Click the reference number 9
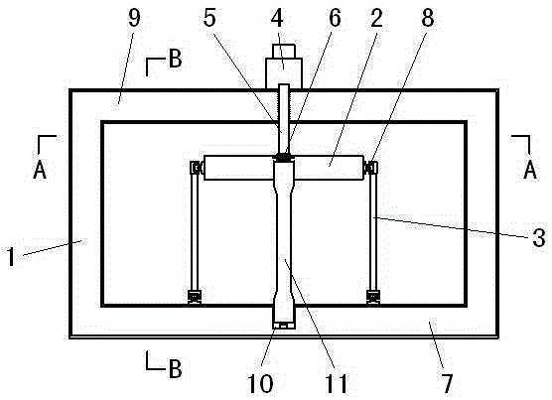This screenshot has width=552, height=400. click(134, 18)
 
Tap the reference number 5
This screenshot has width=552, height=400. click(209, 18)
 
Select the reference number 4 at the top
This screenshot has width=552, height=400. click(277, 18)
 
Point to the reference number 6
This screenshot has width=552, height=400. click(335, 18)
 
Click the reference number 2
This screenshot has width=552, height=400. click(376, 18)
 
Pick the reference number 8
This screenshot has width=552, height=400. click(428, 18)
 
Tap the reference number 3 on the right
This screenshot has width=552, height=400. click(539, 237)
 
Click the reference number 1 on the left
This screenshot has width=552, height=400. click(11, 256)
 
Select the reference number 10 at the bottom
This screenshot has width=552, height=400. click(260, 383)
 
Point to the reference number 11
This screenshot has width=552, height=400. click(336, 383)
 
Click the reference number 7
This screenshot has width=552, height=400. click(447, 383)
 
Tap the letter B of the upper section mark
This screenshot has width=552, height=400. click(176, 59)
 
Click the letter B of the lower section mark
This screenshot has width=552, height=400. click(176, 368)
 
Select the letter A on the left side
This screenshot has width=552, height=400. click(40, 170)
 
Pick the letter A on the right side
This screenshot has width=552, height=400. click(530, 170)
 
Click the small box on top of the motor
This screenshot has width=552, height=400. click(284, 51)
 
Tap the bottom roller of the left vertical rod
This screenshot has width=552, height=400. click(195, 297)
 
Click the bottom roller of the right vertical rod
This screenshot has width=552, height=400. click(373, 297)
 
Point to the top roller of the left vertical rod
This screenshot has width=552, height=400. click(196, 168)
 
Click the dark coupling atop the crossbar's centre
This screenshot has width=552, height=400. click(284, 157)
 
